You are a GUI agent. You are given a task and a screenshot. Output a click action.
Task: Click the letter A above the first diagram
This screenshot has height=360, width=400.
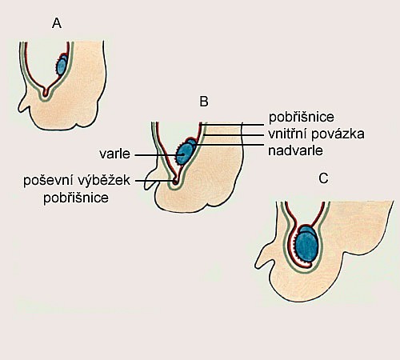(57, 23)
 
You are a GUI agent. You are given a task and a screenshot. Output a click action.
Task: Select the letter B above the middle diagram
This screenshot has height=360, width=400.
(204, 102)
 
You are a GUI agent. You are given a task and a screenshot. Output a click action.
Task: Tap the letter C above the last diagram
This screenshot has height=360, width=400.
(323, 178)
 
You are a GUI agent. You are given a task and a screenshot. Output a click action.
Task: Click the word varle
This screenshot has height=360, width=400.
(115, 154)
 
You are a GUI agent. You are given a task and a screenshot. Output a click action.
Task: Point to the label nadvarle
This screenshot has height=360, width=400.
(295, 150)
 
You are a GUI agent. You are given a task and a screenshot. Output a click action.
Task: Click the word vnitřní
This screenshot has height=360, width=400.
(287, 134)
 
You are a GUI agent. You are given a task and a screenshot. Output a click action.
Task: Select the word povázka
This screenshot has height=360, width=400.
(338, 134)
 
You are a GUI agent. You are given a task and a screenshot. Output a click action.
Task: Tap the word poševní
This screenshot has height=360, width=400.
(48, 180)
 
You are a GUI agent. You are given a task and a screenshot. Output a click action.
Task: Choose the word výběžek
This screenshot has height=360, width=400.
(104, 180)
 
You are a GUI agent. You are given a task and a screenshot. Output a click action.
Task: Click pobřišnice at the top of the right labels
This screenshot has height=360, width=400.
(302, 118)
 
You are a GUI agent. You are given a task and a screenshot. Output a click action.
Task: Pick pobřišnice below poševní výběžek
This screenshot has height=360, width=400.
(76, 198)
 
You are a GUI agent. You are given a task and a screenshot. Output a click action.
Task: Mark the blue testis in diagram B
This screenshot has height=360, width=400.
(184, 154)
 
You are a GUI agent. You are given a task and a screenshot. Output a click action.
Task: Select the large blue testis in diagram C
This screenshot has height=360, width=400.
(306, 246)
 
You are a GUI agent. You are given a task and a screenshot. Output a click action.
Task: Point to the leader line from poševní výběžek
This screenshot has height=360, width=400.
(155, 181)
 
